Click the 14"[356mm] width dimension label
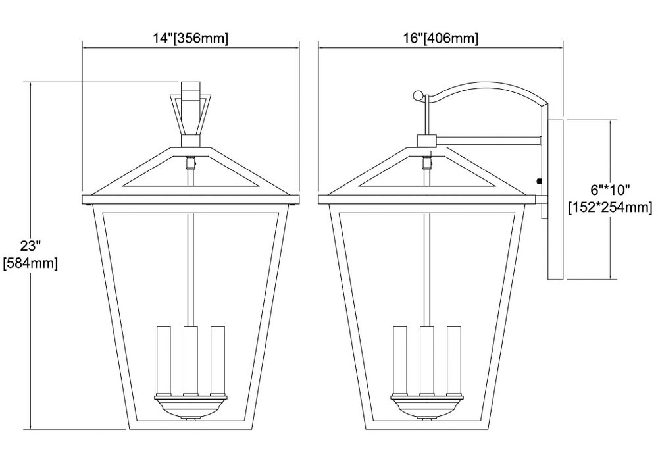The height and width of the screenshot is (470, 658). (x=191, y=39)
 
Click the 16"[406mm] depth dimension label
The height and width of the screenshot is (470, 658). (x=441, y=39)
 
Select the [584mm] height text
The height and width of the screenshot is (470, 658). (x=30, y=263)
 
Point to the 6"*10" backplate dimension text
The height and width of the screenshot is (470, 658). (x=610, y=190)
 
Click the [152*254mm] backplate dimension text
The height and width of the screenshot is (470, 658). (x=610, y=207)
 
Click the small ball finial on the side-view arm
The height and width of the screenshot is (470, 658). (x=418, y=96)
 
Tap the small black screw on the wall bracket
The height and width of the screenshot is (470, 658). (x=538, y=182)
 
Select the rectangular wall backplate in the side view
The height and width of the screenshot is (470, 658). (x=555, y=199)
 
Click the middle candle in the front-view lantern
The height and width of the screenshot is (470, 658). (x=191, y=361)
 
